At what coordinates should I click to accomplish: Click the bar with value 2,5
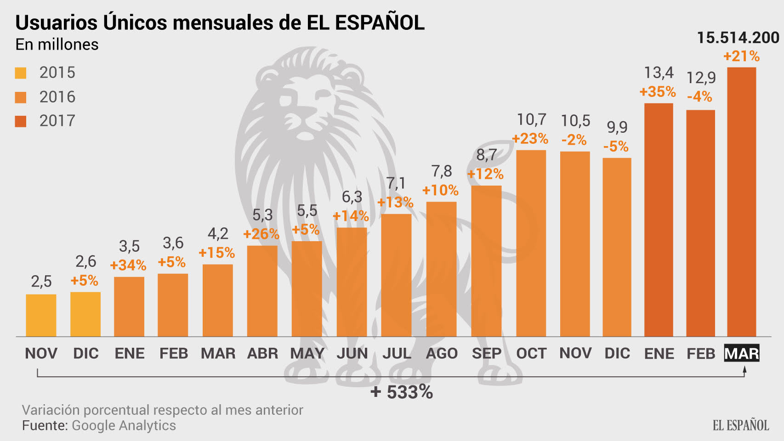41,316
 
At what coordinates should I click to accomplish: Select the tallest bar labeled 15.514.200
741,202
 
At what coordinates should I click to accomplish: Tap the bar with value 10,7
531,243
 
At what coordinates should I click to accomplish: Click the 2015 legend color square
21,73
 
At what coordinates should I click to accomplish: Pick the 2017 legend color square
21,121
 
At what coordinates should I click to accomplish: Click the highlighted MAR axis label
741,353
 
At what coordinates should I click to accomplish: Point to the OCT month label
531,353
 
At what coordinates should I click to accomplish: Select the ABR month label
262,353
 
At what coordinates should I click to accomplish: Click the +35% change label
658,91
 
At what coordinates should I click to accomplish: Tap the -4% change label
699,96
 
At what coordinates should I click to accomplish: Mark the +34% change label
128,265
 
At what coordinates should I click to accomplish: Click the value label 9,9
617,127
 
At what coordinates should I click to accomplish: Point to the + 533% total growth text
402,392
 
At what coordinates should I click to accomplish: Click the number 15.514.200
738,38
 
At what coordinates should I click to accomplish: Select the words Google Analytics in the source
124,425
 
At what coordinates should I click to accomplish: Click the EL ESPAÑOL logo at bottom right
741,425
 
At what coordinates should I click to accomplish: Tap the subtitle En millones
57,45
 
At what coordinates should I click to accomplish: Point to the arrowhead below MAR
744,369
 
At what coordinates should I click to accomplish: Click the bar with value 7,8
441,269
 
